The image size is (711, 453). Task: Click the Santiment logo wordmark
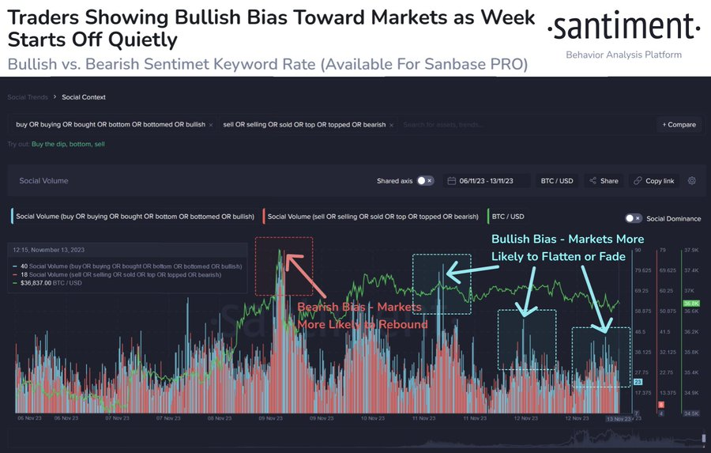click(x=624, y=29)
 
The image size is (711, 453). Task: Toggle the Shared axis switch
click(x=425, y=181)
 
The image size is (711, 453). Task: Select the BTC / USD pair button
click(x=556, y=181)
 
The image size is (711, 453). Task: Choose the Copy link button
click(x=653, y=181)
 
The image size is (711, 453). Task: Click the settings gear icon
click(x=692, y=181)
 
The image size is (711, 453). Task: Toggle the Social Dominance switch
click(x=633, y=218)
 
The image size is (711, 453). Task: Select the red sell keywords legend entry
click(x=373, y=216)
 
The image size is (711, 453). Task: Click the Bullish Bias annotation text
click(x=567, y=247)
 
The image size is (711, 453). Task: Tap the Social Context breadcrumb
click(x=84, y=97)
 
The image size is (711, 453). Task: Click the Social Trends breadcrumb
click(x=27, y=97)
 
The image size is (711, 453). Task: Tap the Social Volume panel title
click(x=42, y=181)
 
